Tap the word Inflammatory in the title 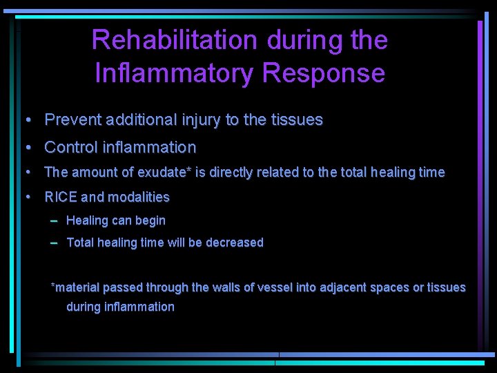click(172, 73)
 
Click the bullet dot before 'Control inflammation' click(27, 148)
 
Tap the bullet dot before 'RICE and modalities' click(27, 198)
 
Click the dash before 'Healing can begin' click(54, 221)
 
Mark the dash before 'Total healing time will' click(54, 242)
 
